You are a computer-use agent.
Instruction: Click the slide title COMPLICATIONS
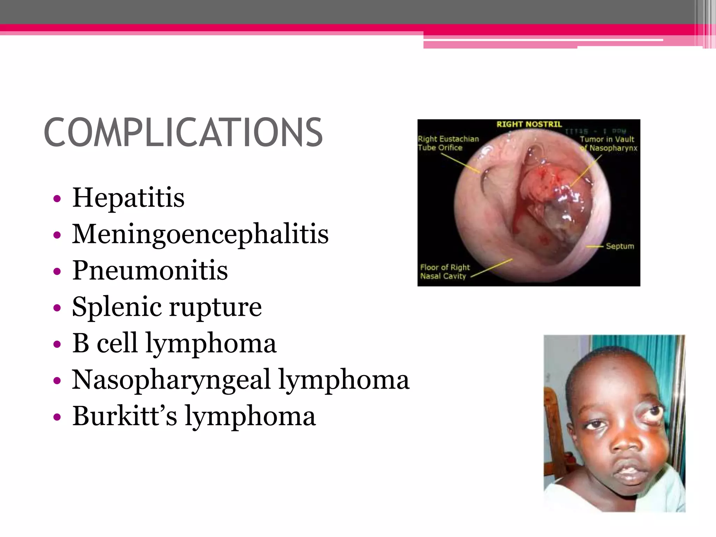tap(183, 133)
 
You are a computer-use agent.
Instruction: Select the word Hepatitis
tap(128, 198)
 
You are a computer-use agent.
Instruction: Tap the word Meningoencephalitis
tap(200, 234)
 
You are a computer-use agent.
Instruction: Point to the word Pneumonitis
tap(150, 271)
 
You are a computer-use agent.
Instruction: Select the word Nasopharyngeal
tap(171, 380)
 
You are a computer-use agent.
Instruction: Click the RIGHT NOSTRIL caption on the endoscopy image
tap(529, 124)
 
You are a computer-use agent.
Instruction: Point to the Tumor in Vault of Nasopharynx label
tap(608, 144)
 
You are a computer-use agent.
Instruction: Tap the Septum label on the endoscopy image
tap(620, 246)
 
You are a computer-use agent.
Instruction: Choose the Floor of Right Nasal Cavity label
tap(444, 272)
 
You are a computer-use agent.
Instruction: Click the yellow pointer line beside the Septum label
tap(595, 247)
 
